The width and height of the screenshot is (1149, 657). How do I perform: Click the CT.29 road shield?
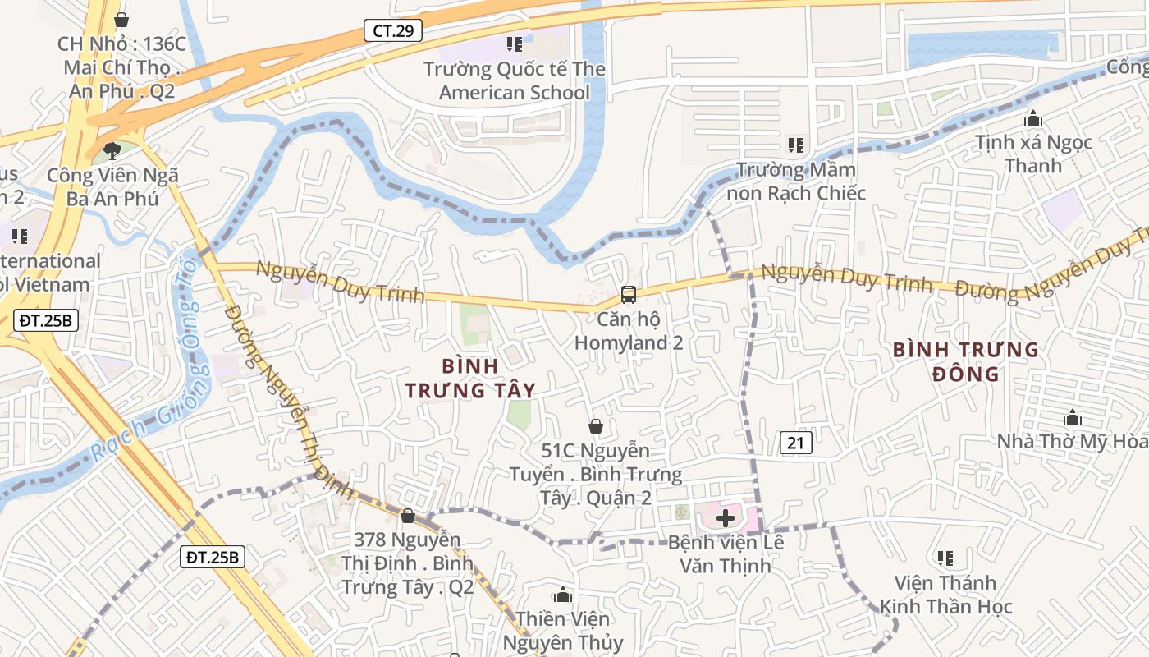[x=393, y=31]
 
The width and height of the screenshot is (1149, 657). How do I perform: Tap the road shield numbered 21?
[x=795, y=443]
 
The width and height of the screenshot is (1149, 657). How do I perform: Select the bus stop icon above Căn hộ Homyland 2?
[x=629, y=294]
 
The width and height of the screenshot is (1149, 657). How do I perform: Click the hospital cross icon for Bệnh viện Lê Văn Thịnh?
[x=726, y=518]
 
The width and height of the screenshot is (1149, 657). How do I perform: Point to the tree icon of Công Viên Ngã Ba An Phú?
[x=112, y=151]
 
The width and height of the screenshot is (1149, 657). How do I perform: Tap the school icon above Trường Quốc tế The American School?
[x=515, y=44]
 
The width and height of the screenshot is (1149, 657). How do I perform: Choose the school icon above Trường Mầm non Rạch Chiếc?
[x=795, y=145]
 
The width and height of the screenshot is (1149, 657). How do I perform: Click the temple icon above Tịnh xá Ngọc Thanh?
[x=1033, y=119]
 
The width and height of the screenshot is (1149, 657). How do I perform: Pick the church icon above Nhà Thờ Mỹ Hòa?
[x=1072, y=418]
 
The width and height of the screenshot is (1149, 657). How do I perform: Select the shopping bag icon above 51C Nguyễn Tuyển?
[x=596, y=426]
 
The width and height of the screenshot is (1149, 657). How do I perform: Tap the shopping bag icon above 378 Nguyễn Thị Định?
[x=408, y=516]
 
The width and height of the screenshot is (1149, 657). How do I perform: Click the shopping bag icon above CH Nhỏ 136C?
[x=121, y=19]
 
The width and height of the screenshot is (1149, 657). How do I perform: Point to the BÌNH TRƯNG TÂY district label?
[x=470, y=378]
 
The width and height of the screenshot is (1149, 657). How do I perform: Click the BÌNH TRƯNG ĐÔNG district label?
[x=966, y=362]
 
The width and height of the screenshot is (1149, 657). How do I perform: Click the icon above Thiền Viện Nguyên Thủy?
[x=563, y=595]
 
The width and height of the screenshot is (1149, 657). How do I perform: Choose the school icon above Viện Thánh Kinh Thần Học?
[x=945, y=558]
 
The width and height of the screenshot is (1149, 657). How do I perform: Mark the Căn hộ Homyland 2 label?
[x=629, y=331]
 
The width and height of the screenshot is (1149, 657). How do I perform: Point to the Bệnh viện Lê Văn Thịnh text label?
[x=726, y=554]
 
